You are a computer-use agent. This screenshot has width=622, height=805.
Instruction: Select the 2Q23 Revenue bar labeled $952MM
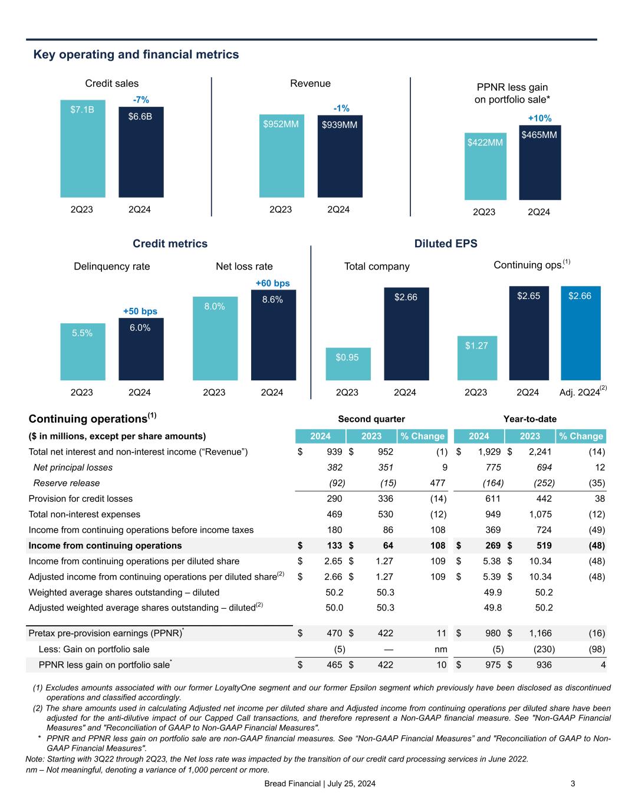click(x=281, y=156)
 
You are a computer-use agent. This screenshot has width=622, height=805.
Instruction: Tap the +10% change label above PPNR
click(x=539, y=119)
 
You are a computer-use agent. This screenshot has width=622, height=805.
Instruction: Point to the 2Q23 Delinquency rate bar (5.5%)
click(x=83, y=351)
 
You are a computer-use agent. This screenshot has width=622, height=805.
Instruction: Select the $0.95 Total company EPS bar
click(x=348, y=364)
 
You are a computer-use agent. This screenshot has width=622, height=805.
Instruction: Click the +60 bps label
click(x=272, y=284)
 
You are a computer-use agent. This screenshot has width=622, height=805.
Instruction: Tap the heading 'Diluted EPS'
click(x=445, y=244)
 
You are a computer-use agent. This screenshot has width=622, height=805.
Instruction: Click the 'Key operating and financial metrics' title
click(x=136, y=55)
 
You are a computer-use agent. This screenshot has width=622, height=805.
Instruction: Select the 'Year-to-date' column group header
click(x=529, y=419)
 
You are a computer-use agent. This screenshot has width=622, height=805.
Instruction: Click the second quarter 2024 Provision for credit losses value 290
click(x=334, y=498)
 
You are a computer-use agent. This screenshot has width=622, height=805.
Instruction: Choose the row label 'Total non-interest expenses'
click(x=84, y=514)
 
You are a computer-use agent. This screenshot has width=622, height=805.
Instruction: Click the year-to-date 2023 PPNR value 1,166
click(x=540, y=633)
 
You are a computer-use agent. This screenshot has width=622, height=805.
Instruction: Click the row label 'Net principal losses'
click(x=73, y=467)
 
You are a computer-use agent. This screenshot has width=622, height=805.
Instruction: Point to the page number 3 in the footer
click(x=573, y=784)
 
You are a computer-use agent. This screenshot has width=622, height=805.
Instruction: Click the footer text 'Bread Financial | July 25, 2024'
click(x=320, y=784)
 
